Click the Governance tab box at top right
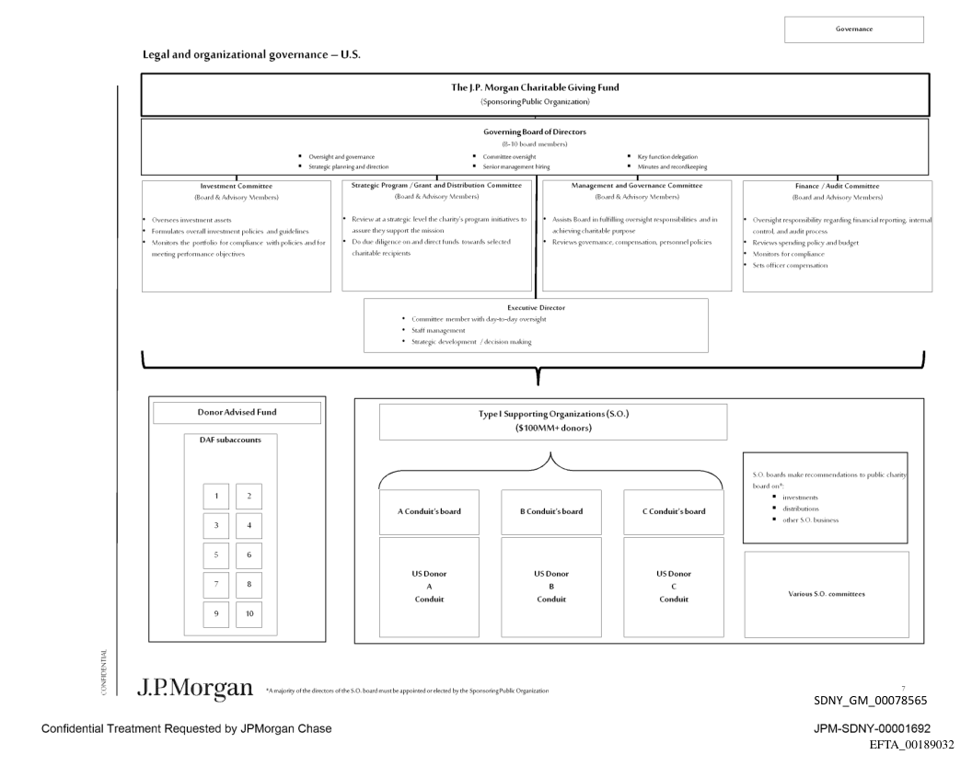pos(853,29)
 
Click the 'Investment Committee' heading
pos(237,186)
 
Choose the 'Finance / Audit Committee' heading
pos(837,186)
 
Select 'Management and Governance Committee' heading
pos(637,186)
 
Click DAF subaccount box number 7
pos(216,585)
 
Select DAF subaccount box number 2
pos(249,496)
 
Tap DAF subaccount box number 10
pos(249,614)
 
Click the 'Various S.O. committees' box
pos(826,593)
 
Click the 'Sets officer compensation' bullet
pos(792,265)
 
